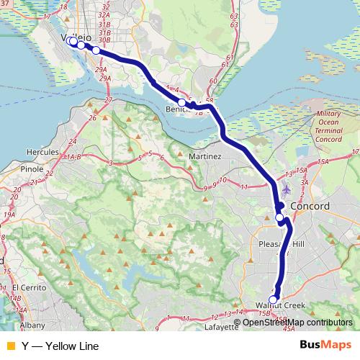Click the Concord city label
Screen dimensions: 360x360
point(310,207)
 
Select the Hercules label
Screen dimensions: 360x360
point(43,153)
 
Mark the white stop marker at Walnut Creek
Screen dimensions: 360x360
point(273,300)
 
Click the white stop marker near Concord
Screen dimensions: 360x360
point(279,217)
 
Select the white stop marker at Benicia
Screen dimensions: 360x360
point(182,103)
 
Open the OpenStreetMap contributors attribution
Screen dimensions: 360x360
point(297,322)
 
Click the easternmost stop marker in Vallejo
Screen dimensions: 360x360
point(96,50)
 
